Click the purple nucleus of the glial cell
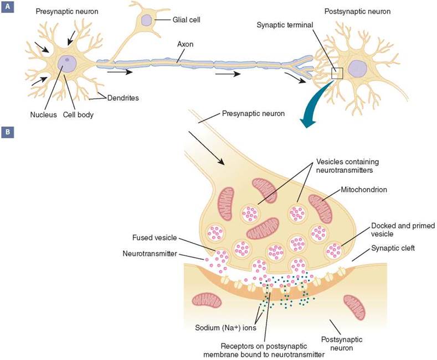146,20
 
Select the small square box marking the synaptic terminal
337,74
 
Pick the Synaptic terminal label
285,25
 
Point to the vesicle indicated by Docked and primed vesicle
336,249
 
